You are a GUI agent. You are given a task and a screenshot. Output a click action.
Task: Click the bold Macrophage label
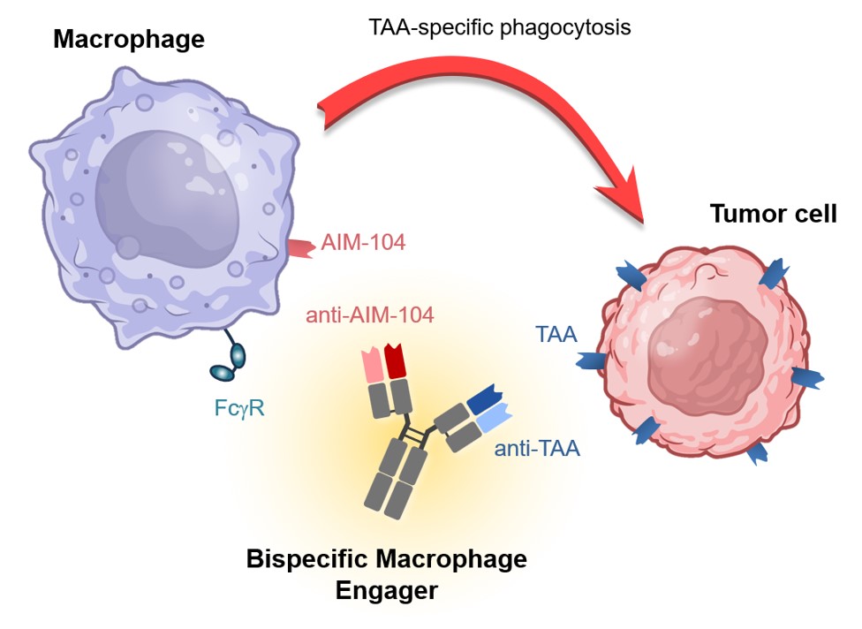(x=129, y=39)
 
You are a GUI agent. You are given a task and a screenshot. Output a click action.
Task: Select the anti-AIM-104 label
(x=369, y=315)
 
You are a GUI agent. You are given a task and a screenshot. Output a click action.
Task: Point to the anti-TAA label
(x=537, y=450)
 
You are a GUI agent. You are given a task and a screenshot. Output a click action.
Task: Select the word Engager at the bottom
(x=386, y=590)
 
